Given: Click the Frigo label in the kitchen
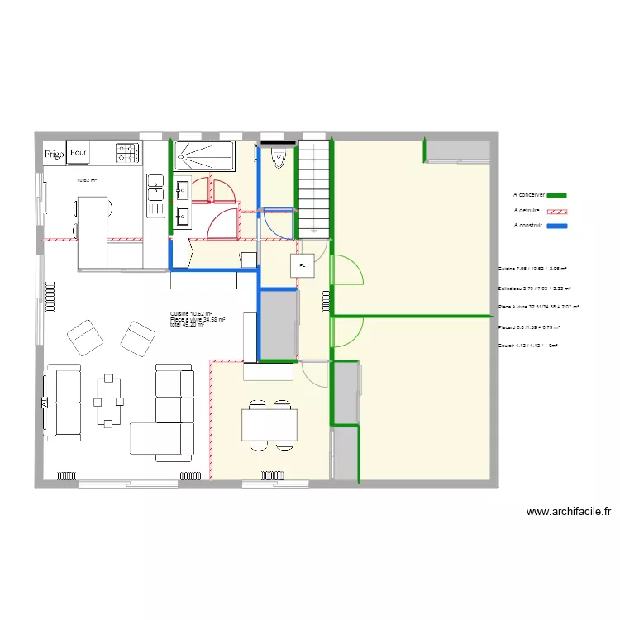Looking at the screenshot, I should point(55,153).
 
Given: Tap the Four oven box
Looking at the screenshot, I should point(79,153).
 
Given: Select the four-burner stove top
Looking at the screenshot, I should point(127,152).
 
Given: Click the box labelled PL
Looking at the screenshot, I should point(303,266).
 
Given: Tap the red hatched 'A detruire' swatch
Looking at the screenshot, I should point(559,210).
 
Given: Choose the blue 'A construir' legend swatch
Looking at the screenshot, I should point(558,225).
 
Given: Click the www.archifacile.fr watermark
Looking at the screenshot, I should point(568,512).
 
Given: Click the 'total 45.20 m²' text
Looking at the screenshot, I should point(187,324).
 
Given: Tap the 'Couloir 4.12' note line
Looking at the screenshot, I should point(528,346).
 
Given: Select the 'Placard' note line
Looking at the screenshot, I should point(528,327).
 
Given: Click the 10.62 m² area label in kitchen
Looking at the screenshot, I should point(87,180).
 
